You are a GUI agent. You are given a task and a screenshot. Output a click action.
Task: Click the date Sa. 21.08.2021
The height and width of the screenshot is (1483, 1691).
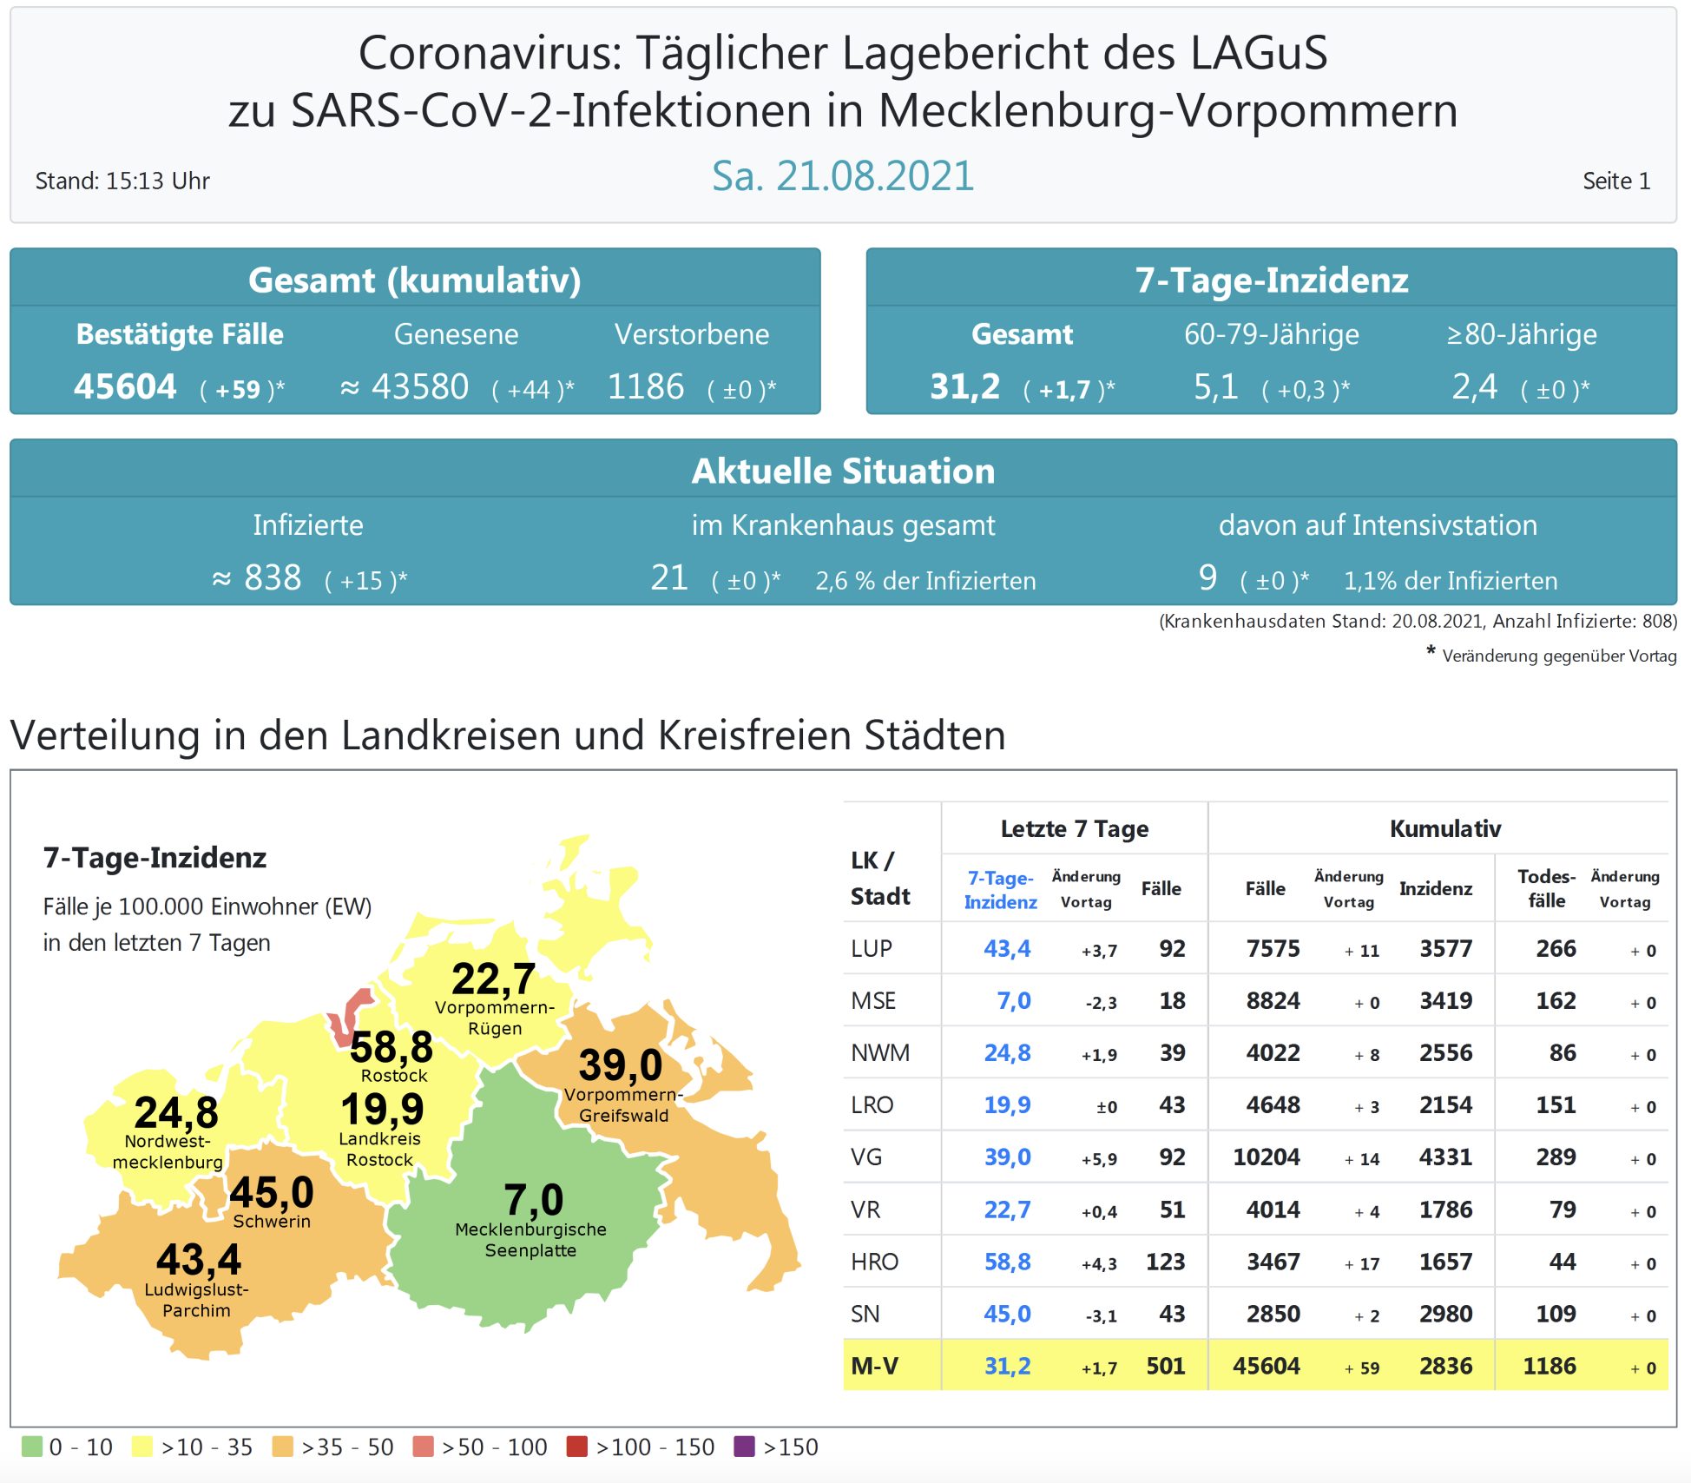coord(842,176)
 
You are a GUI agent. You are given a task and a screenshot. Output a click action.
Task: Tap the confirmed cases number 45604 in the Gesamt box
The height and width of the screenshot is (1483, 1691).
coord(125,387)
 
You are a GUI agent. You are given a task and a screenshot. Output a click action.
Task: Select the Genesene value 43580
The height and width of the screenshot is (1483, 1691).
coord(420,387)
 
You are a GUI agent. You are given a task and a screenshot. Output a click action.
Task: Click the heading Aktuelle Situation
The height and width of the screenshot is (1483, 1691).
coord(843,471)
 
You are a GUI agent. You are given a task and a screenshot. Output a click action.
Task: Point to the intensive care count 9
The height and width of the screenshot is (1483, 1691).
coord(1207,578)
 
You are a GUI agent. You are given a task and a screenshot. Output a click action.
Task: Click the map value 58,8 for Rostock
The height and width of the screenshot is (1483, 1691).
coord(391,1047)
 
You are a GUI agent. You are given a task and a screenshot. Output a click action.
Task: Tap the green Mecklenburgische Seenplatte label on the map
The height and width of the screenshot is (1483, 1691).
coord(530,1240)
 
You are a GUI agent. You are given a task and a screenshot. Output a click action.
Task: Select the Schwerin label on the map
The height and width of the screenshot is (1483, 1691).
coord(272,1222)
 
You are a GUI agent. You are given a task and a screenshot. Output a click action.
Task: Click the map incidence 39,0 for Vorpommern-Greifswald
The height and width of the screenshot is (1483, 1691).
coord(621,1065)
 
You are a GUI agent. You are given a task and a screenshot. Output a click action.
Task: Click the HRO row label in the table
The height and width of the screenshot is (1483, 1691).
coord(874,1262)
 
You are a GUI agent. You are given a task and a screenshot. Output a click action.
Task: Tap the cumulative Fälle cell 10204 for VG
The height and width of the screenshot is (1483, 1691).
coord(1267,1157)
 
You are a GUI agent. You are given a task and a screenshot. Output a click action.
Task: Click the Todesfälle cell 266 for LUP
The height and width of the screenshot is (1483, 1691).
coord(1556,949)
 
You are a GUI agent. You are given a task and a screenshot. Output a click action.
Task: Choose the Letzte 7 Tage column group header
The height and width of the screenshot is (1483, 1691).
coord(1075,829)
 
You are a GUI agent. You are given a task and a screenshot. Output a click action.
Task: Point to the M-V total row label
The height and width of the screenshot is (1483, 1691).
coord(874,1367)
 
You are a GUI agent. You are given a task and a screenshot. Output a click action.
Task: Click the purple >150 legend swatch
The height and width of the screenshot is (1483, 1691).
coord(744,1447)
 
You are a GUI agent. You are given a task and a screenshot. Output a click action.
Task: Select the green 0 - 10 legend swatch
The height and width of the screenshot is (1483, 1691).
coord(32,1447)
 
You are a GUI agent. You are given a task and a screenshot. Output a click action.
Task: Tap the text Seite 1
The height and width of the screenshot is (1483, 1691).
coord(1615,181)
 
